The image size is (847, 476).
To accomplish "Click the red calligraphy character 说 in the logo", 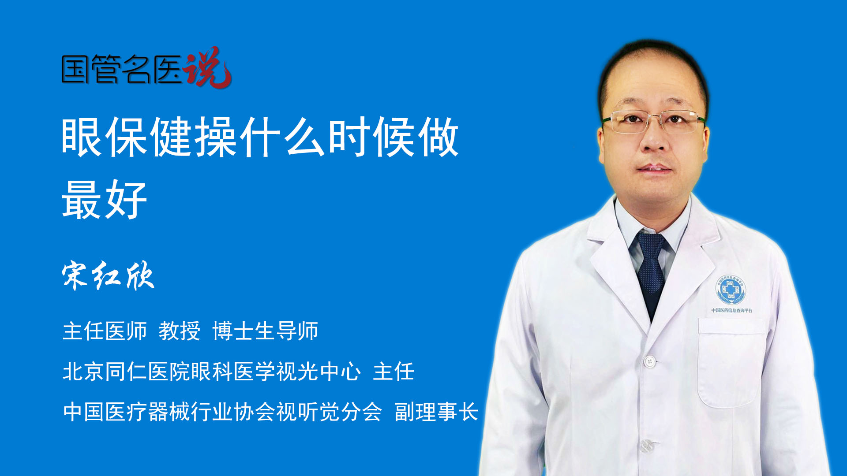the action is (207, 67).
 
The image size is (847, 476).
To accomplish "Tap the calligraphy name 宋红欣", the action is (108, 275).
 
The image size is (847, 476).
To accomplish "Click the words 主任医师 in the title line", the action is (105, 331).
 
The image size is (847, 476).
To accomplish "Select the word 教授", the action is (180, 331).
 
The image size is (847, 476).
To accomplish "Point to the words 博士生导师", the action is (265, 331).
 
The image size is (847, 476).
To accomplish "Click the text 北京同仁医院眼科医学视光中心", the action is (212, 371).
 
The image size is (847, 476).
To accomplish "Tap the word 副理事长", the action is (436, 412).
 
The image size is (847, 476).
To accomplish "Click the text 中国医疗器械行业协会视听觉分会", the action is (222, 412).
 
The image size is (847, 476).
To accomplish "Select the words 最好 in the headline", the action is (105, 200).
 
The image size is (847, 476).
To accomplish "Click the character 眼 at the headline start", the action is (82, 137).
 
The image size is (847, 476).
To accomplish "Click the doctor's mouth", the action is (654, 168).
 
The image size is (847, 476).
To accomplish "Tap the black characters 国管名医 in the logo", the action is (122, 69).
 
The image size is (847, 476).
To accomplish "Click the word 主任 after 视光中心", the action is (394, 371).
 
